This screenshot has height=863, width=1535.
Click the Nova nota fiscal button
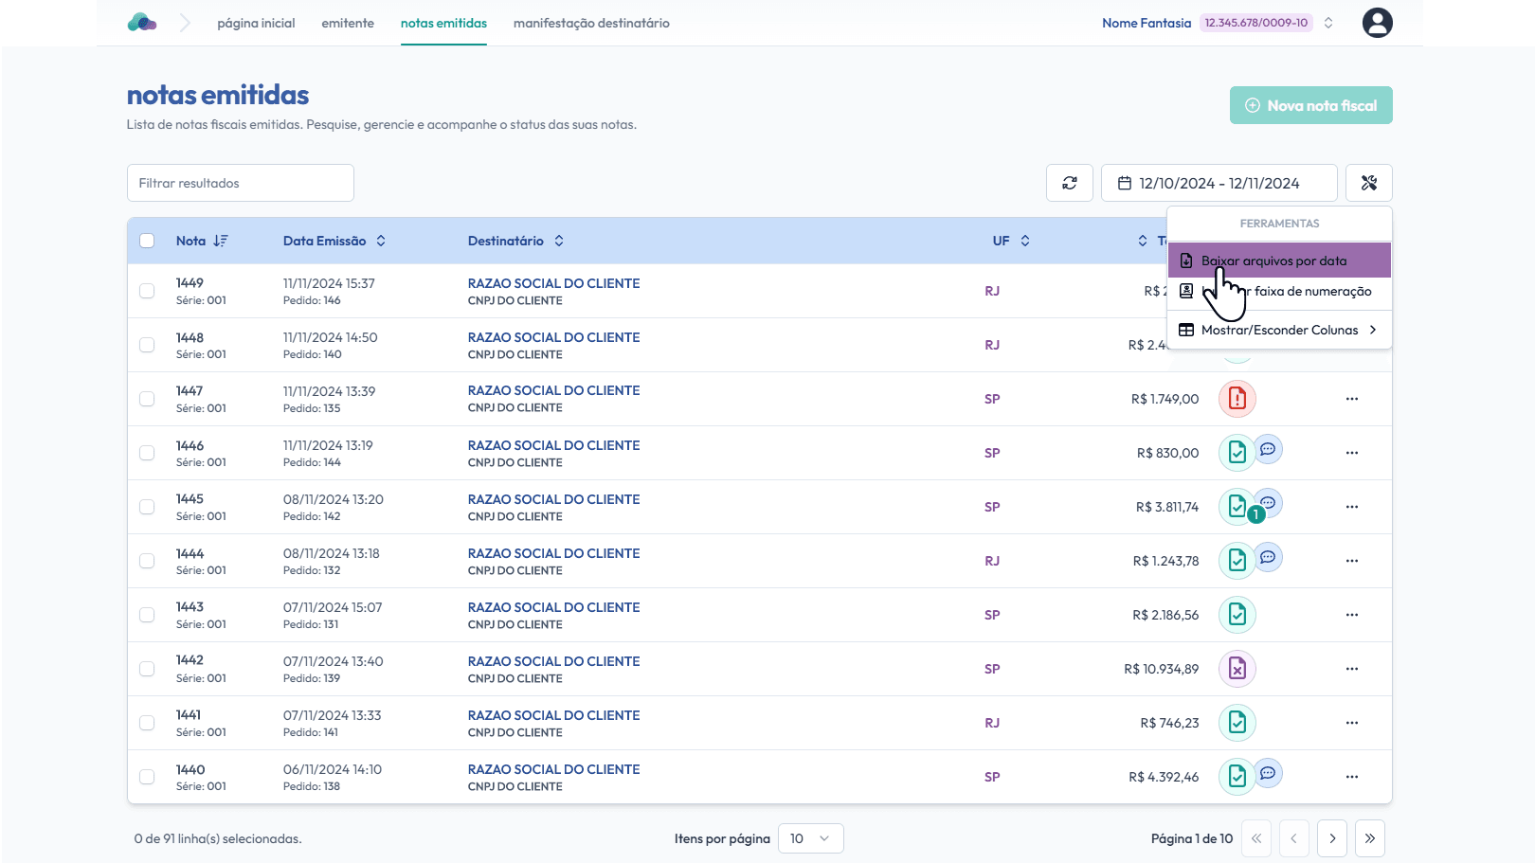1310,105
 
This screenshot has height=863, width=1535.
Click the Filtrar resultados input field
241,183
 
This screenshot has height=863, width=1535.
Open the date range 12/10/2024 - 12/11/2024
1219,183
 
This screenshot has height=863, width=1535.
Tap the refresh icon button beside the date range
1069,183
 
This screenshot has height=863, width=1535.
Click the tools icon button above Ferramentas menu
1368,183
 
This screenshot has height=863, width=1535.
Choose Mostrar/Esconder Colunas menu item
1279,330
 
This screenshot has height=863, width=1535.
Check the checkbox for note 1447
147,399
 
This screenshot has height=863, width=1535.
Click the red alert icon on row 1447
1237,399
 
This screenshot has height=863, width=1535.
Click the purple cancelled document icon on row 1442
1237,669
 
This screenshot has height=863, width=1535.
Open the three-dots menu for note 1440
1351,777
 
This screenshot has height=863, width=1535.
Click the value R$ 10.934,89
1161,669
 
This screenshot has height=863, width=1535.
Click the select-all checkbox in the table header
147,241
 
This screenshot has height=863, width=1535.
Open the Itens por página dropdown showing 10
810,838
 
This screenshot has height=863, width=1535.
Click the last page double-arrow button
1369,838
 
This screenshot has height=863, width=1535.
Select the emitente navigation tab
348,23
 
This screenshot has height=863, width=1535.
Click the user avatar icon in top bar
1377,23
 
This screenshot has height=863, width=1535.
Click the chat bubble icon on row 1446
1268,449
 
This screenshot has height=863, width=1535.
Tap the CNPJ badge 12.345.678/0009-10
1255,23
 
